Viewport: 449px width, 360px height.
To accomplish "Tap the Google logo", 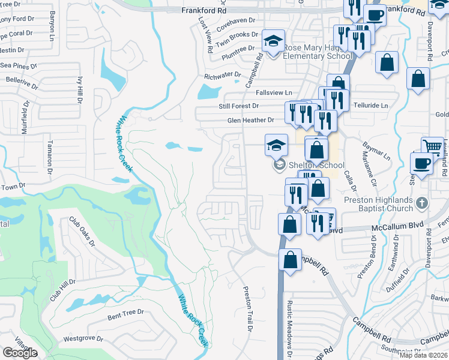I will click(x=20, y=353).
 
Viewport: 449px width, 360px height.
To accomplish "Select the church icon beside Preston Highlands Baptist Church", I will click(x=421, y=203).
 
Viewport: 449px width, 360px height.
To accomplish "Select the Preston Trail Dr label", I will click(x=247, y=307).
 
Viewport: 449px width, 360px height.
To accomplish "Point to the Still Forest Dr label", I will click(x=238, y=106).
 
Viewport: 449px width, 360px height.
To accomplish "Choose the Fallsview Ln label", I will click(x=273, y=92).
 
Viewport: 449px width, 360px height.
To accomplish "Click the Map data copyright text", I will click(x=423, y=355).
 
